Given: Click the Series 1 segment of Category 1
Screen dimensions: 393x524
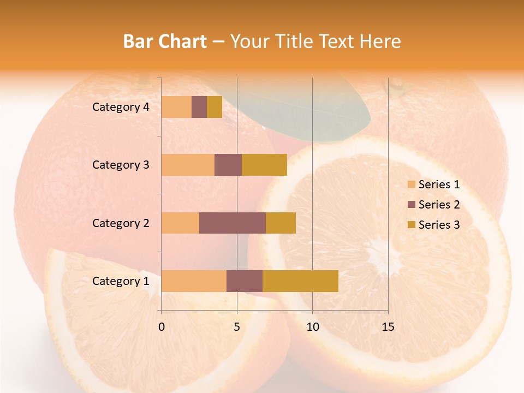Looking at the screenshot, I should pyautogui.click(x=194, y=281).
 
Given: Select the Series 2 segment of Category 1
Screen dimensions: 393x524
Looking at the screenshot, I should pyautogui.click(x=245, y=281).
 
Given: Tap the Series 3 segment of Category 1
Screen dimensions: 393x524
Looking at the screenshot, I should pyautogui.click(x=300, y=281).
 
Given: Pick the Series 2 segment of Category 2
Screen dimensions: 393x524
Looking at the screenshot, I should pyautogui.click(x=233, y=223).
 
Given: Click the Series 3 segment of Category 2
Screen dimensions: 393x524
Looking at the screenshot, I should pyautogui.click(x=281, y=223).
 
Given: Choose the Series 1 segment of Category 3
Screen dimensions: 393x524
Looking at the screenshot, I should pyautogui.click(x=188, y=165).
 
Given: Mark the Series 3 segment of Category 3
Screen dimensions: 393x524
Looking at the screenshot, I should pyautogui.click(x=264, y=165).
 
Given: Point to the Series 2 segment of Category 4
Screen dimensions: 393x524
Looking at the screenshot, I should pyautogui.click(x=199, y=107).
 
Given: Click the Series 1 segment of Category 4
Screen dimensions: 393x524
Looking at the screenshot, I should pyautogui.click(x=176, y=107).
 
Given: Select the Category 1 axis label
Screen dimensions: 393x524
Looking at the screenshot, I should pyautogui.click(x=121, y=281).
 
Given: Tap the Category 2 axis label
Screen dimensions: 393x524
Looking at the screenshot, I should pyautogui.click(x=121, y=223).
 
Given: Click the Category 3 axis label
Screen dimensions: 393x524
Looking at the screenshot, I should pyautogui.click(x=121, y=165).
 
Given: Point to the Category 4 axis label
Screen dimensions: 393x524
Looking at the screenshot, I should pyautogui.click(x=121, y=107).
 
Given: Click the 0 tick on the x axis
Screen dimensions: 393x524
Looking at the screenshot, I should pyautogui.click(x=162, y=327).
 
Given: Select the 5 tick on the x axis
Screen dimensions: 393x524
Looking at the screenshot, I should pyautogui.click(x=237, y=327).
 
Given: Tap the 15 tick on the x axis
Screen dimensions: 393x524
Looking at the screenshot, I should pyautogui.click(x=388, y=327).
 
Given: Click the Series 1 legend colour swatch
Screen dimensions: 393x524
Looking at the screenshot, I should pyautogui.click(x=411, y=184).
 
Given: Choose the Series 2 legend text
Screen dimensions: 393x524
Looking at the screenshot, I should pyautogui.click(x=439, y=205).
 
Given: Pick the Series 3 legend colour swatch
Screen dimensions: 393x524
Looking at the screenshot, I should pyautogui.click(x=411, y=225).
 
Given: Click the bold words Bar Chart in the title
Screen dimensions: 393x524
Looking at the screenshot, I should pyautogui.click(x=164, y=41).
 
